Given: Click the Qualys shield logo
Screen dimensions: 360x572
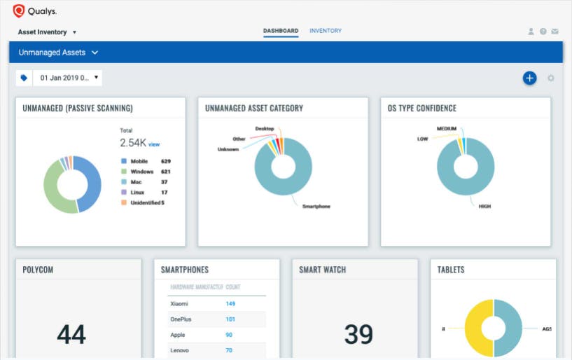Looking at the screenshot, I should (x=19, y=11).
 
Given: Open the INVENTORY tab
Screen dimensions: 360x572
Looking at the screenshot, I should (x=326, y=32).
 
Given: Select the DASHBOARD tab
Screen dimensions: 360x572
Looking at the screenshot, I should (x=281, y=32).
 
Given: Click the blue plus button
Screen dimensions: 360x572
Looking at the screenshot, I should (x=529, y=78).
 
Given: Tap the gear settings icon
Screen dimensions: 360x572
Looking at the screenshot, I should (x=551, y=78).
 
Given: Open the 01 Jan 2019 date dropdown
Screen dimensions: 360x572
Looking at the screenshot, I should (x=69, y=78).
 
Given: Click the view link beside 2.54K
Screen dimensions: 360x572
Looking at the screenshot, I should (x=154, y=144).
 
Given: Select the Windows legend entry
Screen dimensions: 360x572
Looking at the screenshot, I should (x=141, y=171).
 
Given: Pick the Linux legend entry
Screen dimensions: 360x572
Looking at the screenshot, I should (x=138, y=192).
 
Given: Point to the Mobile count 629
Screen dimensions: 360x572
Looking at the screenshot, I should (x=166, y=161).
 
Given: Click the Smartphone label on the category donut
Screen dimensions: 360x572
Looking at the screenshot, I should (x=316, y=207).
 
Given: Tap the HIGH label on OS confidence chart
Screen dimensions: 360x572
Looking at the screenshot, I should (x=484, y=207).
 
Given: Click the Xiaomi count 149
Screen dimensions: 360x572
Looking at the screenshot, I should (x=230, y=304).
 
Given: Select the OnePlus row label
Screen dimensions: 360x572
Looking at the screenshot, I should (x=181, y=319).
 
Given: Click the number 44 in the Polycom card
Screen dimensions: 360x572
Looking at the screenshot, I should (x=71, y=335).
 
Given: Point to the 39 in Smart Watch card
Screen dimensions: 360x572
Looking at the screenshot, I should (x=358, y=335).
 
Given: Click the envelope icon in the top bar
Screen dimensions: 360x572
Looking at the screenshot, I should (x=554, y=32).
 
